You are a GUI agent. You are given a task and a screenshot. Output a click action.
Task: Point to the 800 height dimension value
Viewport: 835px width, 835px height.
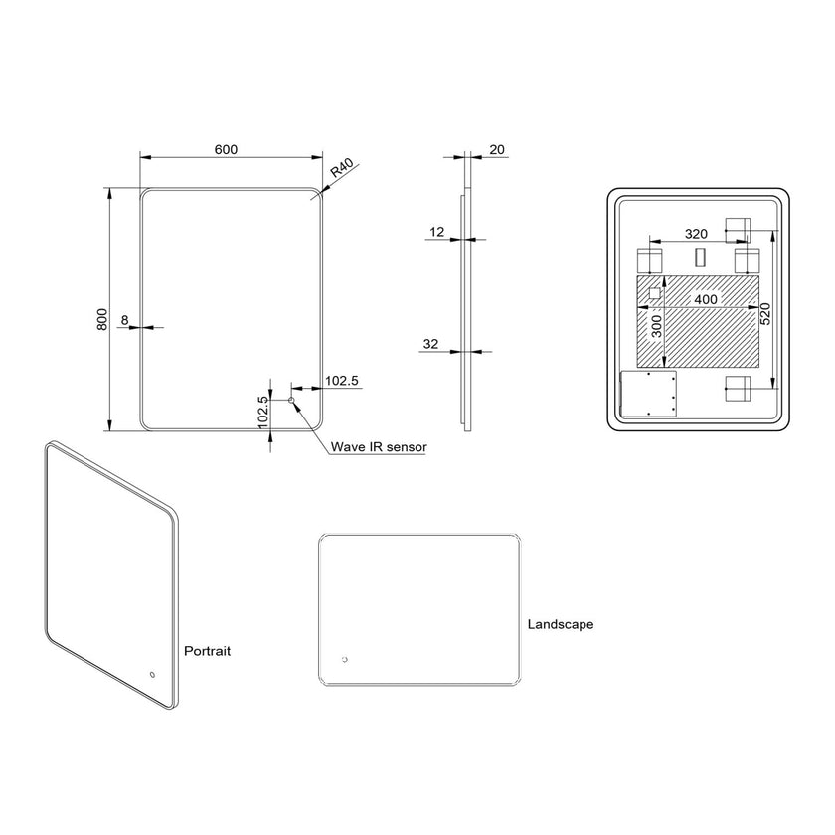tap(101, 319)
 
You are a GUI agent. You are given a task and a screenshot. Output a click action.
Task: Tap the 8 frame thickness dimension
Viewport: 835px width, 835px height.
tap(124, 320)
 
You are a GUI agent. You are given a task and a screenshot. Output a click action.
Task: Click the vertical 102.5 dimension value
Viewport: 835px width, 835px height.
tap(263, 412)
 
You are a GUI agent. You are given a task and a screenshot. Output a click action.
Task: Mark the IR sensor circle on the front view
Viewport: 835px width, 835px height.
tap(291, 400)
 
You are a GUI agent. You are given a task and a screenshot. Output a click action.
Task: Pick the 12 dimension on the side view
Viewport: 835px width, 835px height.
tap(437, 231)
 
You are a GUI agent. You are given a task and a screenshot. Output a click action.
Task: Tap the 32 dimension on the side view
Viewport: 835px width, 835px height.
tap(430, 344)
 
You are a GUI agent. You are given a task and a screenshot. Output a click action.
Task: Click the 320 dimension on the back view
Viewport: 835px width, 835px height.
tap(696, 233)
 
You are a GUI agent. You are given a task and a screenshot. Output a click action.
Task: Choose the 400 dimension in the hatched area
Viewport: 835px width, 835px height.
tap(706, 299)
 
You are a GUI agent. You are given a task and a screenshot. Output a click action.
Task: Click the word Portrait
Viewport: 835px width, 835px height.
tap(208, 651)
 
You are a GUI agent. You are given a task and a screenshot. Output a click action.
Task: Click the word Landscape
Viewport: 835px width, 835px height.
tap(561, 624)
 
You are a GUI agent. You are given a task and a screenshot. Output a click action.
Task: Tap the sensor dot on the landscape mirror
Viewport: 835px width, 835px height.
tap(345, 659)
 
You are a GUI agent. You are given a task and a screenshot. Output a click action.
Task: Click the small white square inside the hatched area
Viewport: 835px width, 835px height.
tap(654, 294)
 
